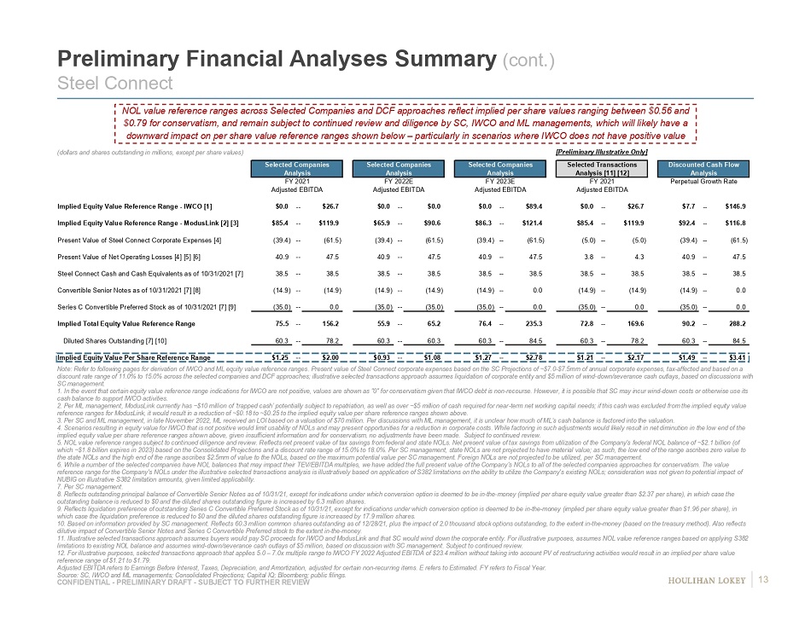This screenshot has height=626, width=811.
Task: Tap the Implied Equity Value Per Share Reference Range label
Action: [134, 357]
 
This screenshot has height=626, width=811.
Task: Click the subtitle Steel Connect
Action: [114, 83]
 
